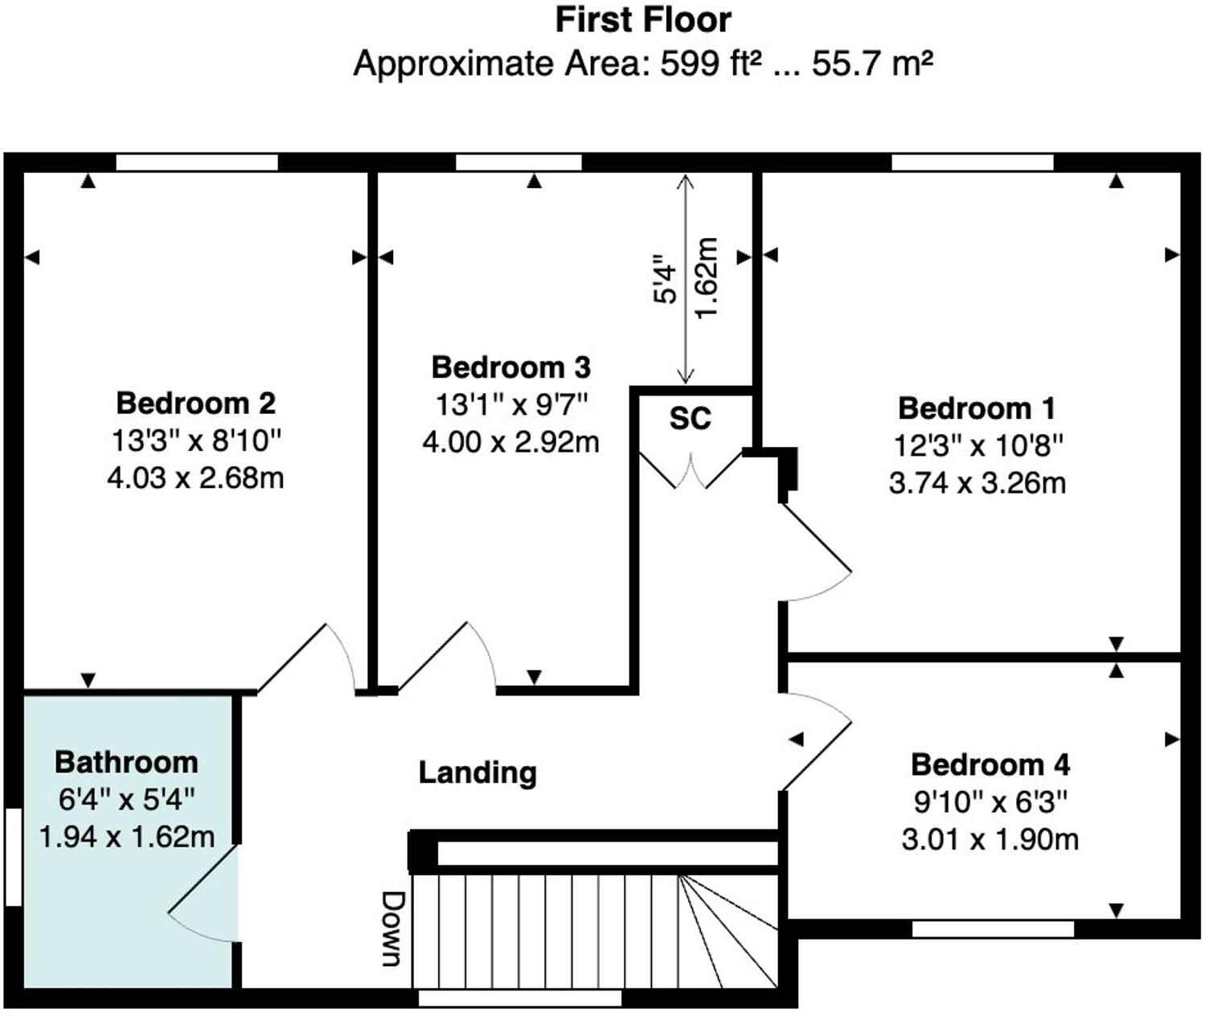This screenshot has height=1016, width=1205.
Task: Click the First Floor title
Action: pos(643,20)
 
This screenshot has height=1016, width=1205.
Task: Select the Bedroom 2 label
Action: pos(195,402)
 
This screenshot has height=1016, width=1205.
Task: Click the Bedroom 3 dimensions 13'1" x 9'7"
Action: pos(511,404)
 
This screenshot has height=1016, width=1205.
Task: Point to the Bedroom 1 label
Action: pos(976,408)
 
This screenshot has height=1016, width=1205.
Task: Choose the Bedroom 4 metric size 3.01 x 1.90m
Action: pos(990,839)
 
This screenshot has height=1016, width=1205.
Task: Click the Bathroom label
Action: pos(126,761)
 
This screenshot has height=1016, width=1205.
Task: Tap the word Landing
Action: pos(477,772)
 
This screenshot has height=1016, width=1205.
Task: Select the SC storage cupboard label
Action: pos(691,418)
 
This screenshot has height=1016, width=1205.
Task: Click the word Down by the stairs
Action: pos(391,928)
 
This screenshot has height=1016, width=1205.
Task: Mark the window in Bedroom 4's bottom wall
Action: pos(993,929)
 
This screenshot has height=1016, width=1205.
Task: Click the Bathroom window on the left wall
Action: pos(13,857)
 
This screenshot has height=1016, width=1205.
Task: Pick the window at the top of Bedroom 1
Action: pos(972,162)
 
